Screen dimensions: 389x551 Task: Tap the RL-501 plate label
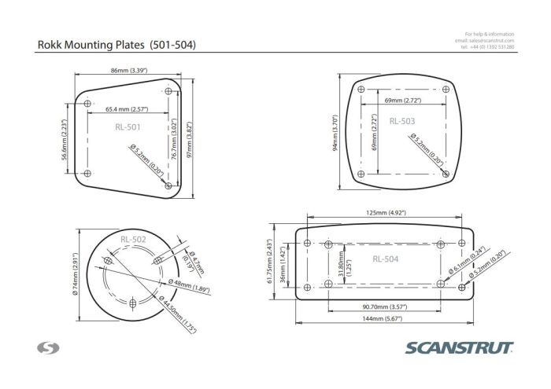[128, 126]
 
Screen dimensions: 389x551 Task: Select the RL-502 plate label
[133, 239]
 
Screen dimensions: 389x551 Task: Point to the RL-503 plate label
[401, 121]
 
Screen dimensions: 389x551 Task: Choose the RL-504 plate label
[386, 258]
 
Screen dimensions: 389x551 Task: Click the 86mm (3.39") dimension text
[130, 71]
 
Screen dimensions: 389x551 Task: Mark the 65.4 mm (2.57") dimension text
[127, 109]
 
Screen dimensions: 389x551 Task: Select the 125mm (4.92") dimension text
[385, 212]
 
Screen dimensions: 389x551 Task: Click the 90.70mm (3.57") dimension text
[384, 306]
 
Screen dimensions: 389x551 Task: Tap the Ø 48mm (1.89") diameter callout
[190, 286]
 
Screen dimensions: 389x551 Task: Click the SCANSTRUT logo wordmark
[460, 347]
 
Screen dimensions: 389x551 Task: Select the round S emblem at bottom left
[45, 347]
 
